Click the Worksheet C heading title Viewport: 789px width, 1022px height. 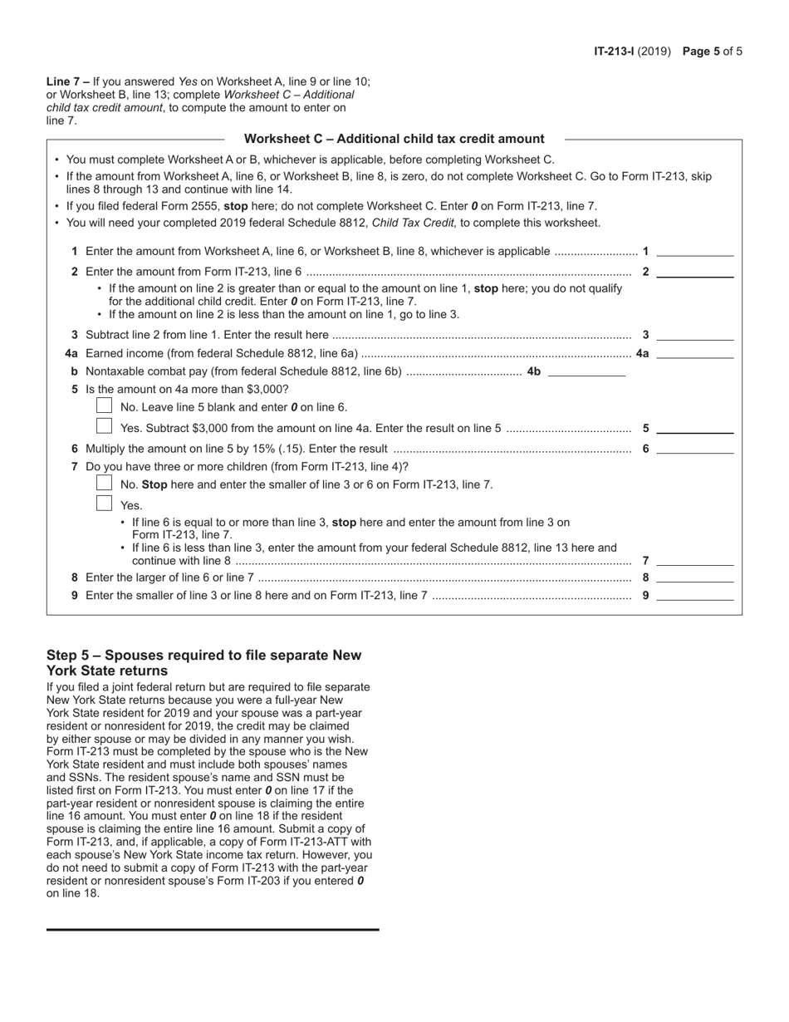(394, 139)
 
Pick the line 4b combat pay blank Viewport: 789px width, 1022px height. (586, 371)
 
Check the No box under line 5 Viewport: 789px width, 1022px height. (104, 405)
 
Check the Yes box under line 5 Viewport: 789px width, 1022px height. (104, 426)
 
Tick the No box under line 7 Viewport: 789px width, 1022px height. (104, 483)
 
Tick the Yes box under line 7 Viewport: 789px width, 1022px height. (104, 503)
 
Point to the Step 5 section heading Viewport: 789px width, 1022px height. (203, 662)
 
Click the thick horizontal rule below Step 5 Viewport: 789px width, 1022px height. (213, 929)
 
